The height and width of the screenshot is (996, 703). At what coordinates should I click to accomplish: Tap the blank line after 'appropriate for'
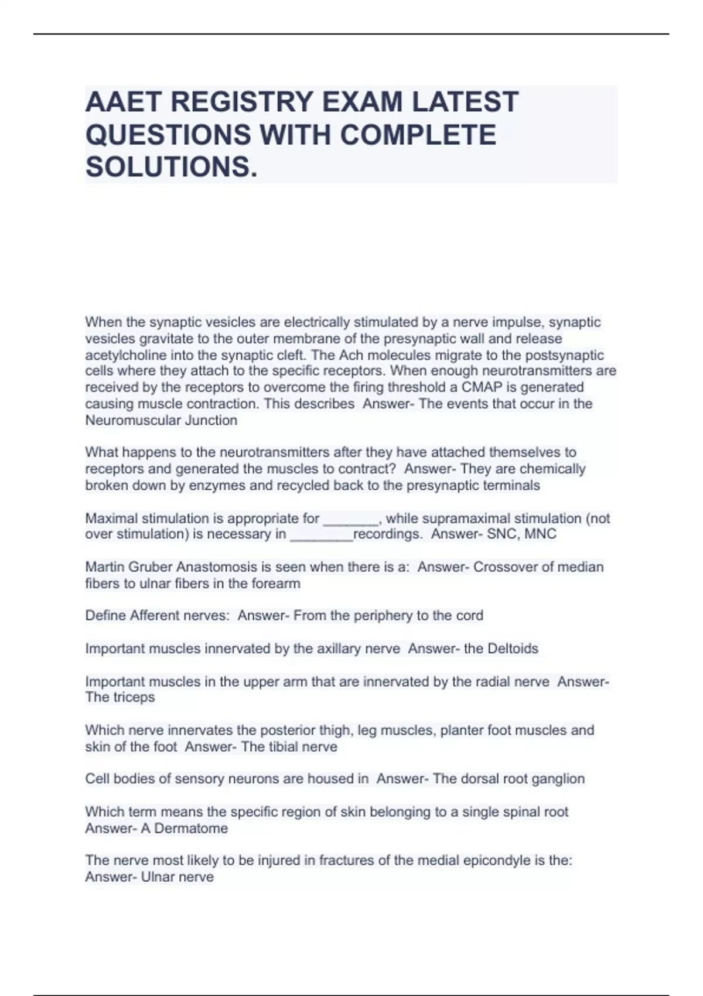point(351,519)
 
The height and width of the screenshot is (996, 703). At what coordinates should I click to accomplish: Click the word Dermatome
point(190,828)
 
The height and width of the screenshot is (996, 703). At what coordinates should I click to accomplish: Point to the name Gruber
point(151,567)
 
